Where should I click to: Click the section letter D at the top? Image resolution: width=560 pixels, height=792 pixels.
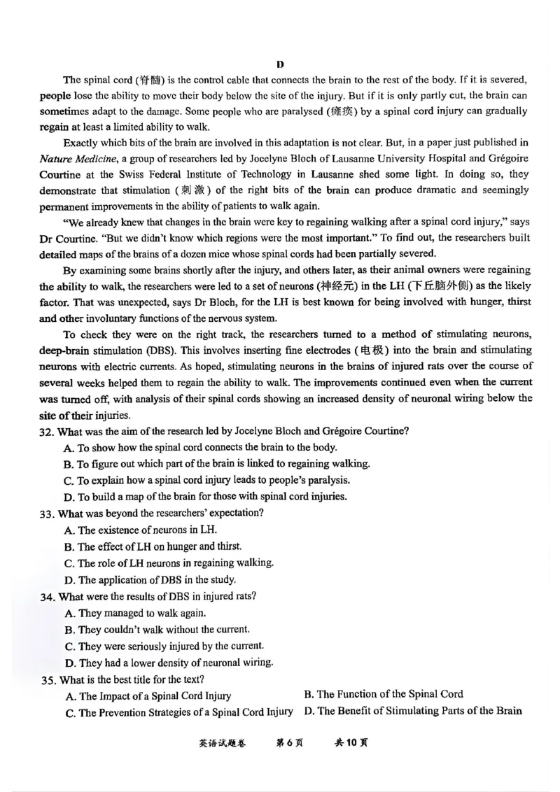pos(280,64)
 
